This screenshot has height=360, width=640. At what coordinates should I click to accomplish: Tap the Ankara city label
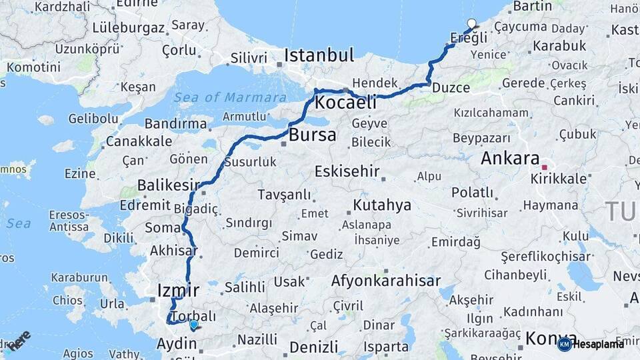pos(509,159)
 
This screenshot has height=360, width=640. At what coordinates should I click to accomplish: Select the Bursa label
pos(313,136)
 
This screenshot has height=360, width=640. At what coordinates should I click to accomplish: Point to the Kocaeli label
pos(345,103)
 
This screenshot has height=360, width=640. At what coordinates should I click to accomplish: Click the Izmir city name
pos(177,290)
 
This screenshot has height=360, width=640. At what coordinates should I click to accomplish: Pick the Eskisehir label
pos(351,170)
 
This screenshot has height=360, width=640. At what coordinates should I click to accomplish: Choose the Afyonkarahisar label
pos(385,281)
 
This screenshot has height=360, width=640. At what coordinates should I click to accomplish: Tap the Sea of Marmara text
pos(230,98)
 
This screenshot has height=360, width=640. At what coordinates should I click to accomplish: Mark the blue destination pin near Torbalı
pos(193,325)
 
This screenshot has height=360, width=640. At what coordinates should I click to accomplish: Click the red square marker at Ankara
pos(545,168)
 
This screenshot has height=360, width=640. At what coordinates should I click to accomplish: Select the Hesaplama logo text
pos(599,344)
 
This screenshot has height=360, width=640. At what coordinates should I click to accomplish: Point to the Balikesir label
pos(169,185)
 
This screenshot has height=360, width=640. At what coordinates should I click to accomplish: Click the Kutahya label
pos(382,205)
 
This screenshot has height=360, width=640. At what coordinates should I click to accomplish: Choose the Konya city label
pos(551,339)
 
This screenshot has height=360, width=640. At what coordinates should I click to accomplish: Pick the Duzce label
pos(451,87)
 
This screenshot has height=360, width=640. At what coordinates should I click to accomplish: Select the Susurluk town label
pos(250,162)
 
